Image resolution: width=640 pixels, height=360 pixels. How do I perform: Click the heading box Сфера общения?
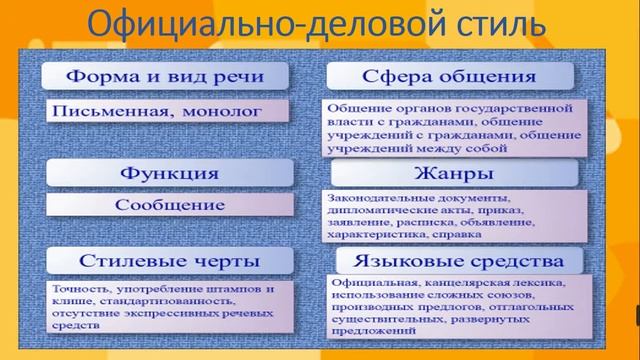pyautogui.click(x=449, y=76)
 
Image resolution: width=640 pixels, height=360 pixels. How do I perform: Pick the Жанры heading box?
pyautogui.click(x=449, y=172)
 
